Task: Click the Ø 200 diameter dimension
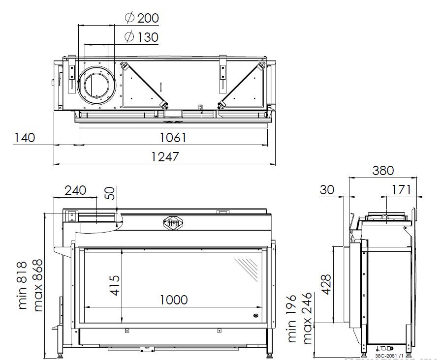[x=142, y=19]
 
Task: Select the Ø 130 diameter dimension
[x=142, y=37]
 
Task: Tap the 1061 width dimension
[x=173, y=137]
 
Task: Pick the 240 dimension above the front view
[x=75, y=190]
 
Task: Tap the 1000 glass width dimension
[x=173, y=299]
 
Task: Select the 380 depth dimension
[x=383, y=170]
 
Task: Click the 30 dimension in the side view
[x=328, y=189]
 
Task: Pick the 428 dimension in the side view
[x=326, y=284]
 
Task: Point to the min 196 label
[x=292, y=319]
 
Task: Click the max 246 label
[x=307, y=319]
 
